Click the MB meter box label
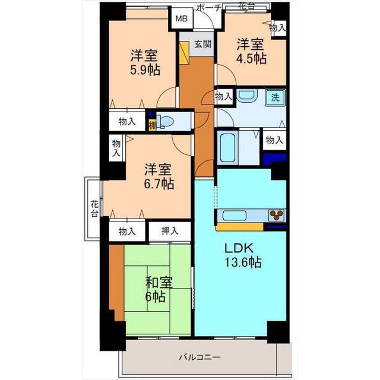tap(182, 18)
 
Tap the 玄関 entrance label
tap(203, 44)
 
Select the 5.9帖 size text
tap(145, 70)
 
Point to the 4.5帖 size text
tap(251, 58)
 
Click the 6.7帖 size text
tap(159, 183)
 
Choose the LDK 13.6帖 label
tap(243, 255)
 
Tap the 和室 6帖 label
tap(159, 289)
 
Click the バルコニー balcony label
tap(199, 357)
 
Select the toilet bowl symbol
tap(166, 121)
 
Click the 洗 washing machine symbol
tap(275, 97)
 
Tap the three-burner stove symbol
tap(276, 215)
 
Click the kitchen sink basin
tap(235, 215)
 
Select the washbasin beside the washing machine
tap(247, 96)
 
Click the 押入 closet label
tap(170, 231)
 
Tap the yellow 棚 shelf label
tap(153, 125)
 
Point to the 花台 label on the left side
tap(95, 208)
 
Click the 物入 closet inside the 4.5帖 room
tap(278, 28)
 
